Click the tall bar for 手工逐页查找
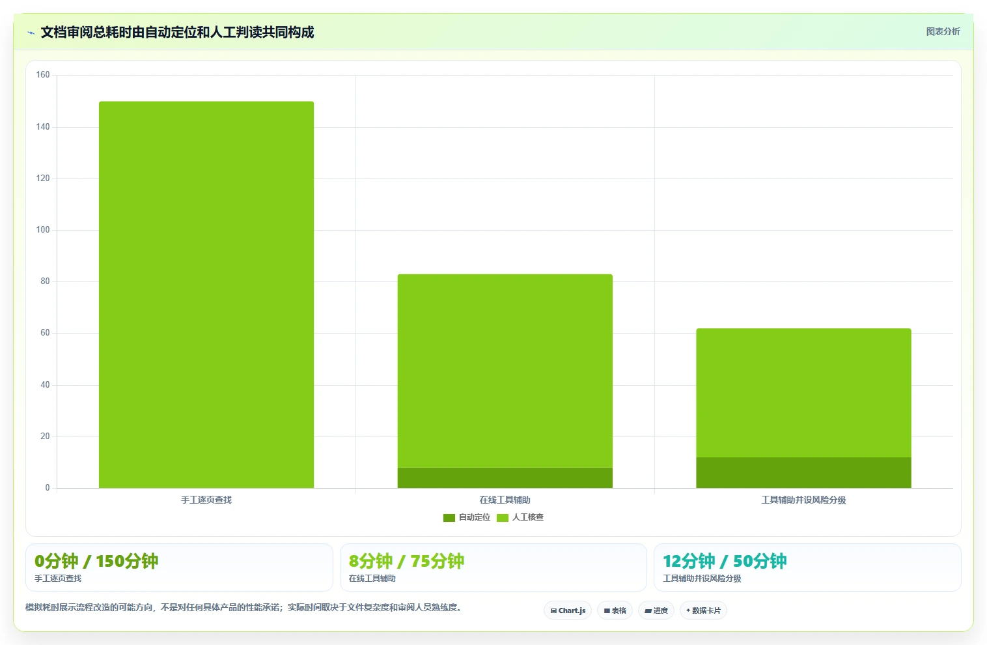[206, 294]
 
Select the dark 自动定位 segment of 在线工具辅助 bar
[505, 478]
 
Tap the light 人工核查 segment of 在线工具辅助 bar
[505, 371]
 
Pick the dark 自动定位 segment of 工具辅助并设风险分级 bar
[803, 472]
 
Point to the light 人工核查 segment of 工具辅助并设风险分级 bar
[803, 393]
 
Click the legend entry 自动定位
[467, 517]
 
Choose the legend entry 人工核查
[520, 517]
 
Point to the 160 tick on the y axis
[43, 74]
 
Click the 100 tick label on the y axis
[43, 230]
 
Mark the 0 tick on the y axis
[48, 487]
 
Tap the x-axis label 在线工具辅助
[505, 500]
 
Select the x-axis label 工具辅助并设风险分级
[803, 500]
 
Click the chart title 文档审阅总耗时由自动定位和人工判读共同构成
[177, 32]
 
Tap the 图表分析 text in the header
[943, 32]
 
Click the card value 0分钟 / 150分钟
[96, 561]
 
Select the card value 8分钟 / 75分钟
[406, 561]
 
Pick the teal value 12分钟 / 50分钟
[725, 561]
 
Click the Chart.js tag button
[568, 610]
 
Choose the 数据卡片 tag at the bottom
[703, 610]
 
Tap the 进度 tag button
[656, 610]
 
